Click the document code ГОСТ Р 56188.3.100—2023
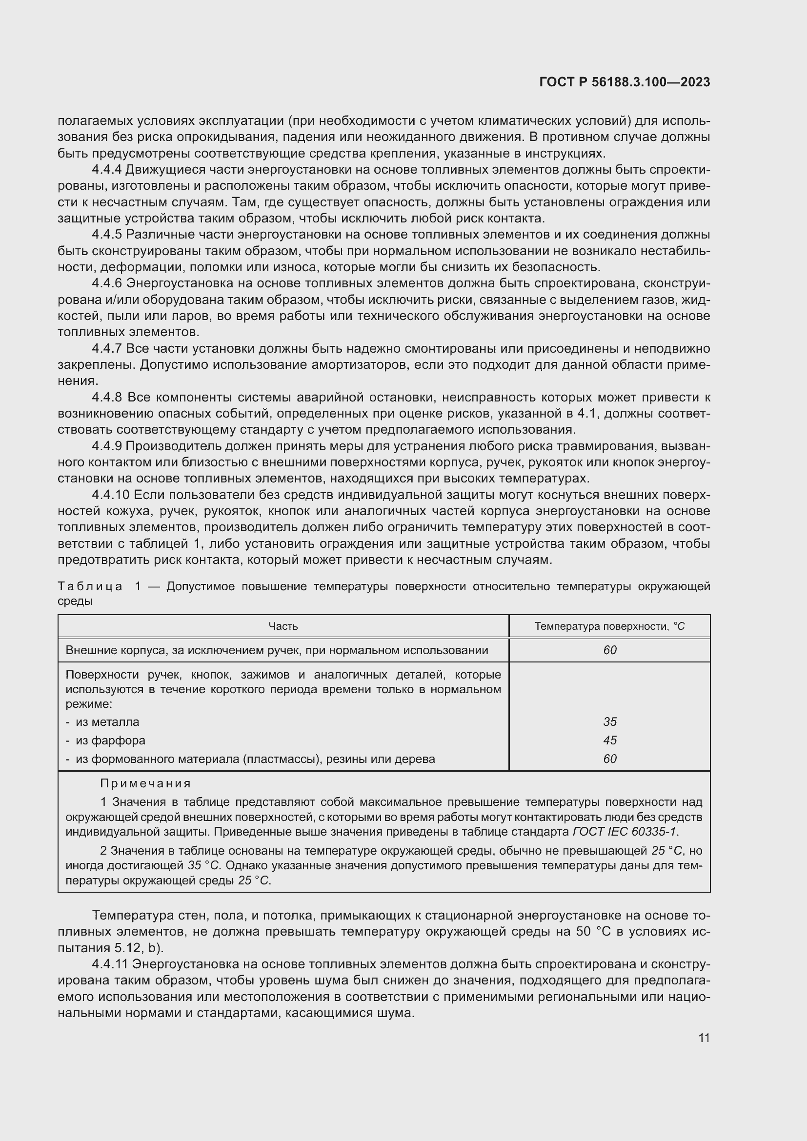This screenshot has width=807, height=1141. pyautogui.click(x=624, y=82)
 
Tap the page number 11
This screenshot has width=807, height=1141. pyautogui.click(x=704, y=1038)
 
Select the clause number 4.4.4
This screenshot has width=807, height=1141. pyautogui.click(x=107, y=169)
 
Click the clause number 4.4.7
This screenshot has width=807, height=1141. pyautogui.click(x=107, y=348)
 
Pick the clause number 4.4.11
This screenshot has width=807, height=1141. pyautogui.click(x=110, y=964)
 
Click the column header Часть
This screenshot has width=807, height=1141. pyautogui.click(x=283, y=626)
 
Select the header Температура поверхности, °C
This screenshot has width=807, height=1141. pyautogui.click(x=609, y=626)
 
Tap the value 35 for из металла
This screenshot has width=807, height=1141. pyautogui.click(x=610, y=721)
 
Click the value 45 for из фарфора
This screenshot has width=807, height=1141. pyautogui.click(x=610, y=740)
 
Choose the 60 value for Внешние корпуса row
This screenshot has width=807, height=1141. pyautogui.click(x=610, y=650)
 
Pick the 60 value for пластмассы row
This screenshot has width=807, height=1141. pyautogui.click(x=610, y=759)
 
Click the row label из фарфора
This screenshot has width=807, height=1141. pyautogui.click(x=110, y=741)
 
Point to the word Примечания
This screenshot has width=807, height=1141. pyautogui.click(x=145, y=784)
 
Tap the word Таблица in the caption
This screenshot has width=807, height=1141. pyautogui.click(x=90, y=586)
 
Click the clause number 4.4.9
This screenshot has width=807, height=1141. pyautogui.click(x=107, y=446)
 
